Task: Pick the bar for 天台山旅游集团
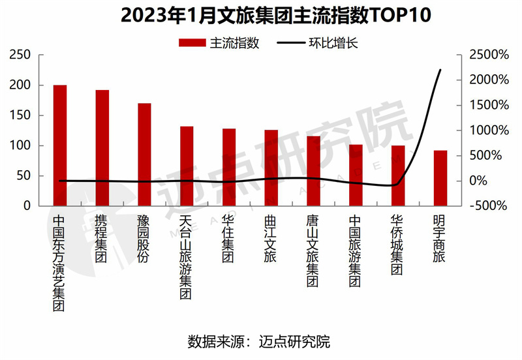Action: [187, 166]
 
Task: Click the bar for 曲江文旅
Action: [271, 168]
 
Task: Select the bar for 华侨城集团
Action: [398, 175]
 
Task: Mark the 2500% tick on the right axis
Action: [488, 55]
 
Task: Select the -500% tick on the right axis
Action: [488, 205]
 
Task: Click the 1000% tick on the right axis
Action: [488, 130]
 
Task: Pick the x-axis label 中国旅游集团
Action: [355, 252]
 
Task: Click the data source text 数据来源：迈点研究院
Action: [259, 340]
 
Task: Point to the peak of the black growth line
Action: [440, 70]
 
